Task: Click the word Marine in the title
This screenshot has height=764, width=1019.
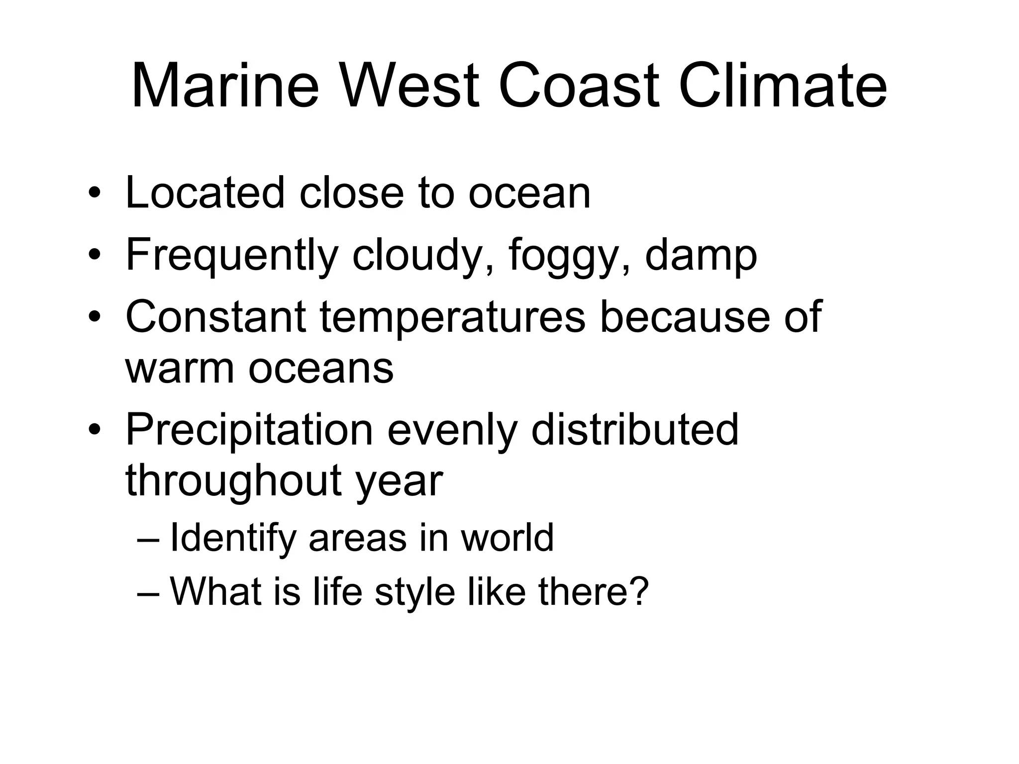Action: (225, 86)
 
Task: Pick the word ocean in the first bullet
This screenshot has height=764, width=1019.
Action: (529, 194)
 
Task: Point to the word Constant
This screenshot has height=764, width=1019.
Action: (215, 317)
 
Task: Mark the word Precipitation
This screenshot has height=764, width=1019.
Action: (249, 430)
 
